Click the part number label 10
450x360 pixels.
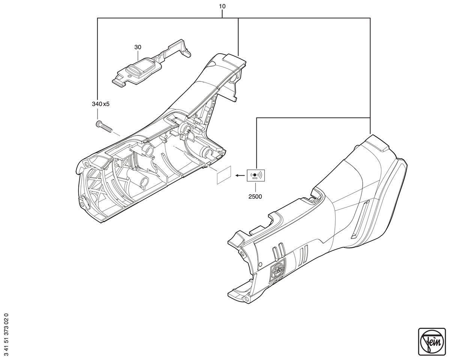(x=222, y=6)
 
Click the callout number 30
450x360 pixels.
(x=138, y=47)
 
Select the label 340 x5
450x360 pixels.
(x=100, y=104)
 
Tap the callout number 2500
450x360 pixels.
(x=255, y=196)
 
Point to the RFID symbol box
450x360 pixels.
(x=256, y=175)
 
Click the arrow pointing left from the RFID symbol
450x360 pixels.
(x=240, y=175)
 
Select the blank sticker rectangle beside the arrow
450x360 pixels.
(x=224, y=175)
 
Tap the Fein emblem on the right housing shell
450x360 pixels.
(x=278, y=269)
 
